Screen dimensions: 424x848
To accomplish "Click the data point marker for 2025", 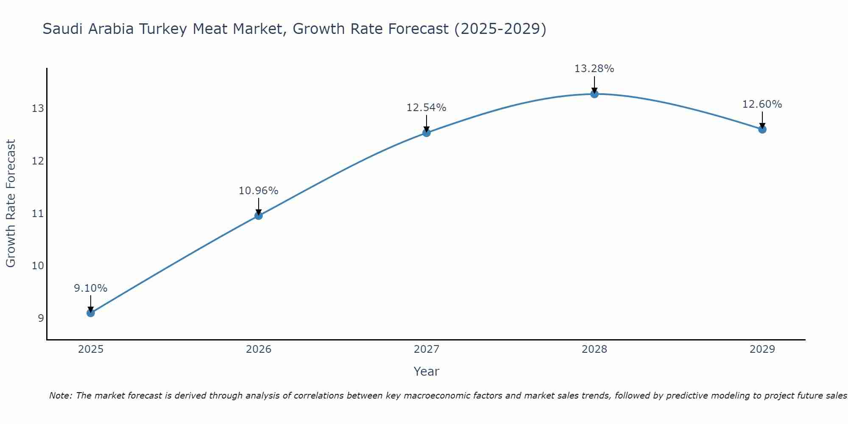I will click(91, 313).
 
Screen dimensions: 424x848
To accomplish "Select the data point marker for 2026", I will click(259, 215).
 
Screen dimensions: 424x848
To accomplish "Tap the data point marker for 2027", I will click(427, 133).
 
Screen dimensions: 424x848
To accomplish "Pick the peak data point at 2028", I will click(594, 94).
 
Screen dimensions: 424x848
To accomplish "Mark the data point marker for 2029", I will click(762, 129).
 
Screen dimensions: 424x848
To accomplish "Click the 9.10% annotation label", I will click(91, 288).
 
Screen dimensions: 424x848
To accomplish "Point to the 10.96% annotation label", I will click(259, 191).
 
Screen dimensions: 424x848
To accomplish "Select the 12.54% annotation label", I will click(427, 108).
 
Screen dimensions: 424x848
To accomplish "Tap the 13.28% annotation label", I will click(594, 69).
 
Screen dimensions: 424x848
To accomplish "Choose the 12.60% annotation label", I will click(762, 104).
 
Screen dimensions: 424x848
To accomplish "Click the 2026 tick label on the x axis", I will click(259, 349).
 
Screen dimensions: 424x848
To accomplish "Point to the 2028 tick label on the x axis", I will click(594, 349).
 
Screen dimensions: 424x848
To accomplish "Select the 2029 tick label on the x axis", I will click(762, 349).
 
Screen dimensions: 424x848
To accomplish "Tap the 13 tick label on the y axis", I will click(38, 109).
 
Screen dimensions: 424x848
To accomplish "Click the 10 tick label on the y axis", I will click(38, 266).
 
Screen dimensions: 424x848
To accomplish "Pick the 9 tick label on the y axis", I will click(41, 318).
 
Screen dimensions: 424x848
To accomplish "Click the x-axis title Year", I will click(427, 371).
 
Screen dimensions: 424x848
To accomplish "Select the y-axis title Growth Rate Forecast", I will click(11, 204).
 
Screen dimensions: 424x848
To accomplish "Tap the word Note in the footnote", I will click(60, 396).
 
